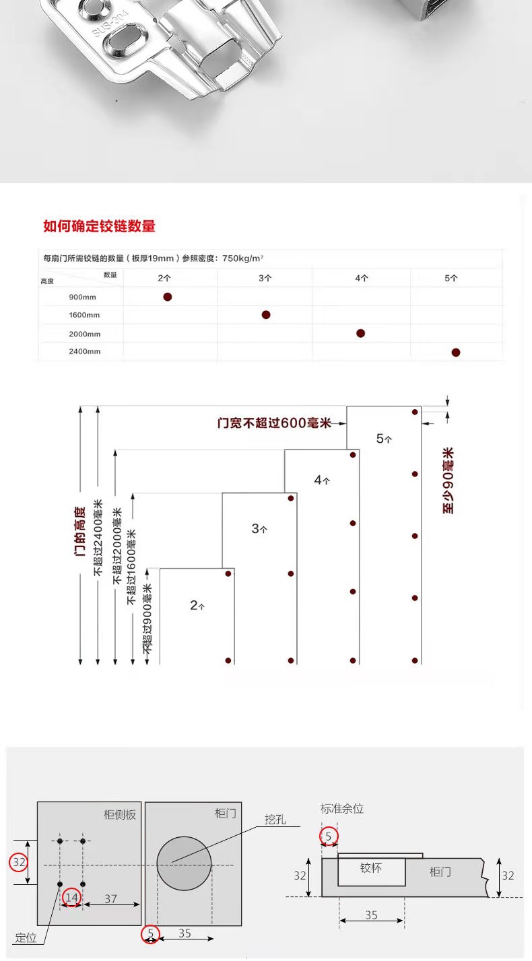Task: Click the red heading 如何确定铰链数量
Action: [x=99, y=226]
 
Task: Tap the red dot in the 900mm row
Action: [x=168, y=297]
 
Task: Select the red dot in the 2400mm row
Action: [x=456, y=352]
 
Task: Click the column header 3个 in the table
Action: [x=265, y=277]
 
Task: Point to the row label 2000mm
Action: [x=84, y=334]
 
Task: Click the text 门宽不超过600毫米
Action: [x=274, y=423]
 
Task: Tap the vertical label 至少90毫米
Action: [x=448, y=481]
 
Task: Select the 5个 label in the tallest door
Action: [x=384, y=439]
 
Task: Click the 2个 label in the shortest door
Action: [x=197, y=606]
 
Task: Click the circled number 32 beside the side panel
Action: [x=19, y=862]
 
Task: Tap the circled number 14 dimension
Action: [x=71, y=897]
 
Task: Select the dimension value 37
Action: [x=110, y=898]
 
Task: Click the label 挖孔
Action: [x=275, y=819]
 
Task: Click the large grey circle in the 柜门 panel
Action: [x=184, y=864]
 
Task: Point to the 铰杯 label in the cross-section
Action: [x=370, y=868]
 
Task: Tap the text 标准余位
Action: [x=342, y=809]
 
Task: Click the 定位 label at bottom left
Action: [x=26, y=937]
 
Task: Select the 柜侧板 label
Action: [x=120, y=814]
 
